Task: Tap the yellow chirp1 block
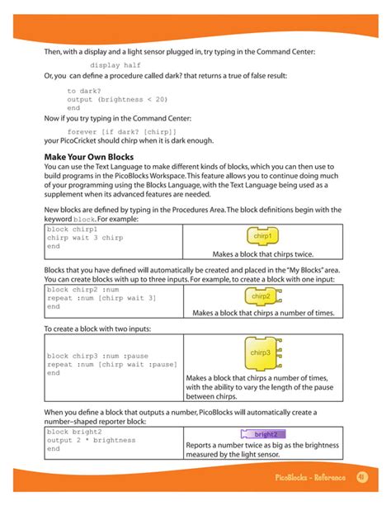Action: pos(262,237)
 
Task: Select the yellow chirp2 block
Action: pos(261,296)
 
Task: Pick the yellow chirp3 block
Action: pos(261,354)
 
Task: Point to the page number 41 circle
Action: pos(360,478)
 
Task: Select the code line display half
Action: pos(115,64)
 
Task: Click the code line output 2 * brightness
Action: pos(90,441)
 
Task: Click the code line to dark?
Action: pos(84,91)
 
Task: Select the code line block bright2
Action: pos(74,432)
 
